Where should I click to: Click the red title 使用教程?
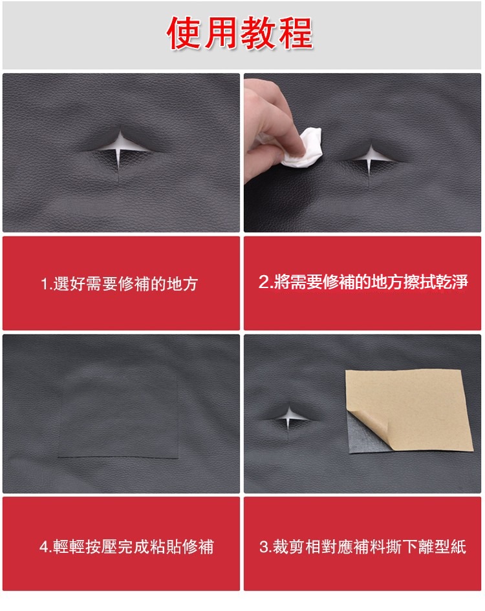pyautogui.click(x=239, y=33)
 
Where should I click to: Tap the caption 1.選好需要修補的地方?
pyautogui.click(x=120, y=284)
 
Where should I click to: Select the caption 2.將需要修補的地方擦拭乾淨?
pyautogui.click(x=363, y=282)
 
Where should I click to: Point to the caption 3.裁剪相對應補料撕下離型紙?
pyautogui.click(x=363, y=546)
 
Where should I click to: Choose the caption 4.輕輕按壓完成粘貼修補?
pyautogui.click(x=127, y=546)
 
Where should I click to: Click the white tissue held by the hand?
pyautogui.click(x=303, y=149)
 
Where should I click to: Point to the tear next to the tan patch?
pyautogui.click(x=289, y=418)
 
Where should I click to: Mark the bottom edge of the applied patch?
pyautogui.click(x=118, y=457)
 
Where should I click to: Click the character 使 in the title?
pyautogui.click(x=184, y=34)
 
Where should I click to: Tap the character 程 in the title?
pyautogui.click(x=296, y=33)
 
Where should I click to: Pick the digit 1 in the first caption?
pyautogui.click(x=45, y=284)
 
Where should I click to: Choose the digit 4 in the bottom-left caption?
pyautogui.click(x=43, y=547)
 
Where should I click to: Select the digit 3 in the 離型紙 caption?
pyautogui.click(x=264, y=547)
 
